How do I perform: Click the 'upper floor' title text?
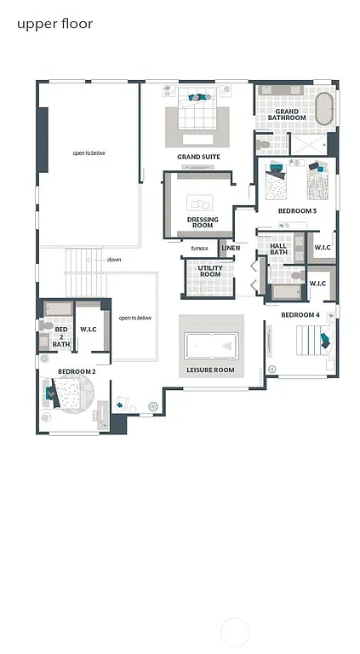click(x=54, y=24)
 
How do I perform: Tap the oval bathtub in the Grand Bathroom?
click(x=324, y=110)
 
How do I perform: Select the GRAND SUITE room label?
click(x=198, y=158)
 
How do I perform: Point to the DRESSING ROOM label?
click(x=202, y=223)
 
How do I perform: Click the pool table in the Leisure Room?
click(x=210, y=345)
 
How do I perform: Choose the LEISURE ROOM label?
click(x=210, y=370)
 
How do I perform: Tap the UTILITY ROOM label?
click(x=210, y=272)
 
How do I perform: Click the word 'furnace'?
click(x=199, y=249)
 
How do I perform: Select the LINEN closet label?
click(x=231, y=249)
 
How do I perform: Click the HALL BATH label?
click(x=279, y=249)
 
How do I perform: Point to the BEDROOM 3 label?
click(x=297, y=210)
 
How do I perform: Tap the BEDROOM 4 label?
click(x=300, y=315)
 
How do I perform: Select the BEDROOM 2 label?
click(x=77, y=371)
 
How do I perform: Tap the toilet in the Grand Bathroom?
click(x=265, y=146)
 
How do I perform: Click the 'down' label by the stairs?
click(x=114, y=260)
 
